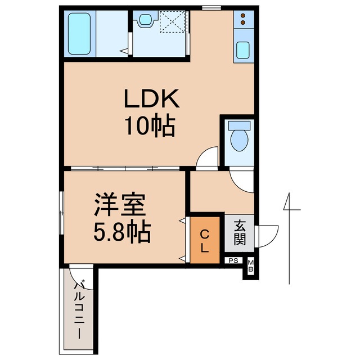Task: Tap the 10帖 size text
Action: pos(151,127)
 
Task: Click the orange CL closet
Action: pos(205,240)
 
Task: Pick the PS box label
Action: pos(233,260)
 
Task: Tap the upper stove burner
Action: pos(244,16)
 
